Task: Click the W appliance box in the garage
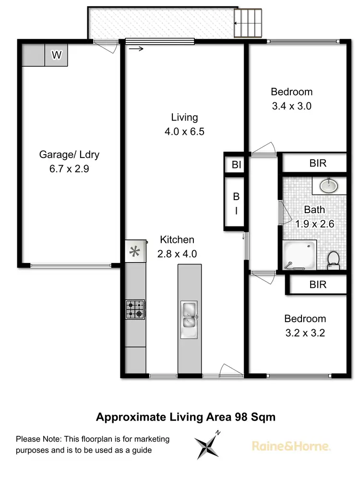pyautogui.click(x=57, y=55)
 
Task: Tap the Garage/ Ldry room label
pyautogui.click(x=69, y=155)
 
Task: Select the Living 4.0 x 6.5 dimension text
pyautogui.click(x=184, y=131)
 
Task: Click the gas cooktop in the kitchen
pyautogui.click(x=135, y=310)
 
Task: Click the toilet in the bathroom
pyautogui.click(x=333, y=260)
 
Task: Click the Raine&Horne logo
pyautogui.click(x=291, y=446)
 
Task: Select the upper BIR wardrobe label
pyautogui.click(x=318, y=163)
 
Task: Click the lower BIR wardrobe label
pyautogui.click(x=318, y=285)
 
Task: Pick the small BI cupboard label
pyautogui.click(x=236, y=165)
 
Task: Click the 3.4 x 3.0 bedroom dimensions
pyautogui.click(x=291, y=106)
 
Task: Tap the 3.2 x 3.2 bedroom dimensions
pyautogui.click(x=305, y=333)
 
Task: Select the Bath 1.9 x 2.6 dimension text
pyautogui.click(x=314, y=223)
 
